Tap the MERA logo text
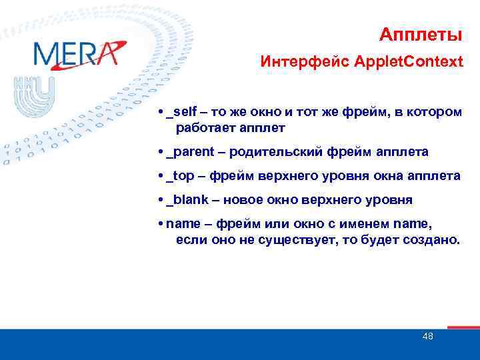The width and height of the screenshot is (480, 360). point(75,53)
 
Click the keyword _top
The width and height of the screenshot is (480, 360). point(183,175)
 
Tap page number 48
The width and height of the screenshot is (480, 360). point(427,336)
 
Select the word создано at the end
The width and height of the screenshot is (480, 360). point(433,239)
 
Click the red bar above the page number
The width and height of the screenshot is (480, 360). point(463,327)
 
